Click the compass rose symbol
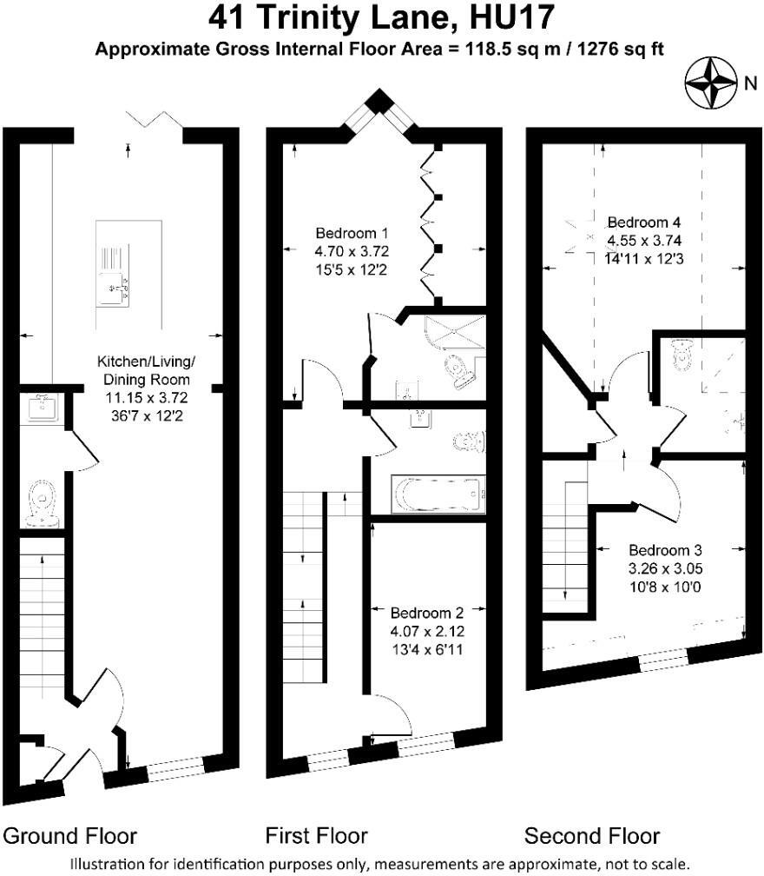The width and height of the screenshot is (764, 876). click(x=710, y=83)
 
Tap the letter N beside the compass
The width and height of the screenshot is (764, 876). click(x=751, y=83)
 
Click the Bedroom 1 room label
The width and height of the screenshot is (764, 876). click(x=352, y=233)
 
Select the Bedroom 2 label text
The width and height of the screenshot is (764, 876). click(x=427, y=613)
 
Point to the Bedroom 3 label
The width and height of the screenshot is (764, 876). click(x=665, y=550)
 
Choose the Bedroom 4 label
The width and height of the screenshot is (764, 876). click(x=644, y=222)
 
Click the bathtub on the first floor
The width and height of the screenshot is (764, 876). click(x=438, y=494)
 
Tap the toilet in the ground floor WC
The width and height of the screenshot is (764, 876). click(x=42, y=503)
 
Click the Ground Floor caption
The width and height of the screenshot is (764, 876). click(x=69, y=836)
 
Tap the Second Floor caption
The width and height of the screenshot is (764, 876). click(x=592, y=836)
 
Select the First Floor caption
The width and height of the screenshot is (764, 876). click(x=316, y=836)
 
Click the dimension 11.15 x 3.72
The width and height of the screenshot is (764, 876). click(x=147, y=398)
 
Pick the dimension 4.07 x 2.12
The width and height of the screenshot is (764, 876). click(x=427, y=631)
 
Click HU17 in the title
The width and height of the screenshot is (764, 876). click(x=512, y=17)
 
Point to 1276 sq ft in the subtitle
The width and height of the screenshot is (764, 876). click(x=621, y=50)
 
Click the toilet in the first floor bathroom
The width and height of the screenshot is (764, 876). click(x=468, y=441)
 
